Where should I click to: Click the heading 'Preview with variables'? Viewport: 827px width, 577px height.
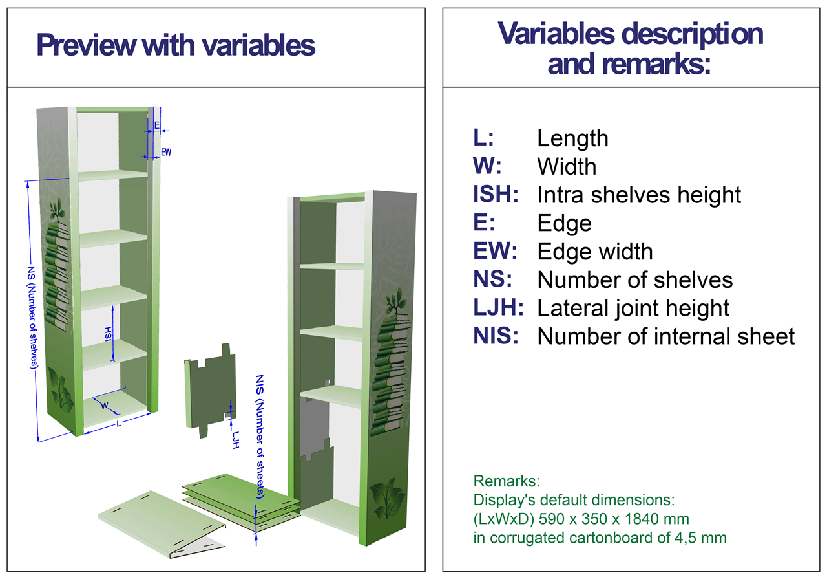point(176,45)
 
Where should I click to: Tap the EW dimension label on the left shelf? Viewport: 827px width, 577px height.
point(166,152)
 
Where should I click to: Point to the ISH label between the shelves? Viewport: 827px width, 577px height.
point(108,334)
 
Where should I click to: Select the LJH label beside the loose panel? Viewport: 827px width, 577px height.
point(236,440)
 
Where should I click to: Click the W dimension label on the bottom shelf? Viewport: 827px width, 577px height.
point(105,406)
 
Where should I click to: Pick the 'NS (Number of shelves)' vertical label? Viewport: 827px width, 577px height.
point(32,317)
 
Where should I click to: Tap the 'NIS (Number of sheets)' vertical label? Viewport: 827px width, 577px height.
point(260,437)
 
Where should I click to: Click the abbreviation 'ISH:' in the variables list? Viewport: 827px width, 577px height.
point(496,195)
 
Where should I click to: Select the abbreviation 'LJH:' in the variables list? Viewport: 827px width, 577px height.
point(498,307)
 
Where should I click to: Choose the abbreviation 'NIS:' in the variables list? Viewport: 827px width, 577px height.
point(496,336)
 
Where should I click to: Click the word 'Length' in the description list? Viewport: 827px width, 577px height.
point(572,139)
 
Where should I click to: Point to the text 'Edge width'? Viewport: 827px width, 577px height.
point(595,252)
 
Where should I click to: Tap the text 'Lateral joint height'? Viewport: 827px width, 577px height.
point(633,309)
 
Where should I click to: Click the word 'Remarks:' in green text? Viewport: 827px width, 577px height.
point(506,481)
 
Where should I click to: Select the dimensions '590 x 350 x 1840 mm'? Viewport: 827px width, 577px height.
point(614,519)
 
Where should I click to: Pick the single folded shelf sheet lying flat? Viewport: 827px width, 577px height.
point(162,524)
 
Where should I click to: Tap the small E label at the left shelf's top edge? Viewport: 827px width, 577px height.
point(157,125)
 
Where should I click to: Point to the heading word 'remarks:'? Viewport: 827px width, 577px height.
point(629,64)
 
